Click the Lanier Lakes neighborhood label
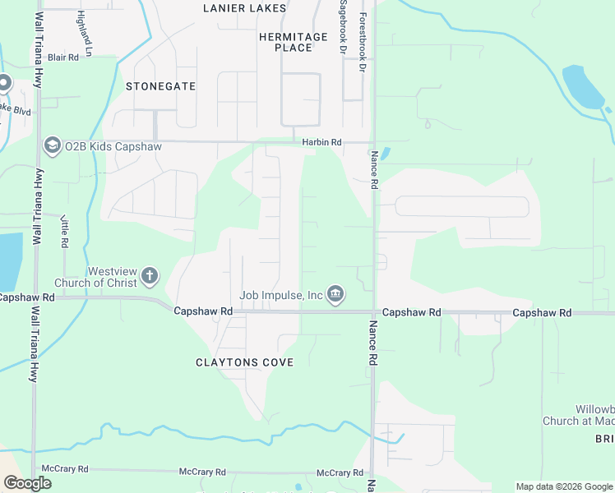tap(245, 8)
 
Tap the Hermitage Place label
tap(293, 42)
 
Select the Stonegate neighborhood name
tap(161, 86)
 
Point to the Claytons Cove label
tap(244, 362)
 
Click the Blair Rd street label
tap(62, 58)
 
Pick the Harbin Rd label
tap(321, 142)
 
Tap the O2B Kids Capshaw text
tap(113, 146)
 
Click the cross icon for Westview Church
tap(150, 276)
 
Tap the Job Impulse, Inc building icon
tap(335, 294)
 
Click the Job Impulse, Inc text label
tap(281, 295)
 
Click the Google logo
tap(27, 483)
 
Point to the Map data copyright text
tap(563, 486)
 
